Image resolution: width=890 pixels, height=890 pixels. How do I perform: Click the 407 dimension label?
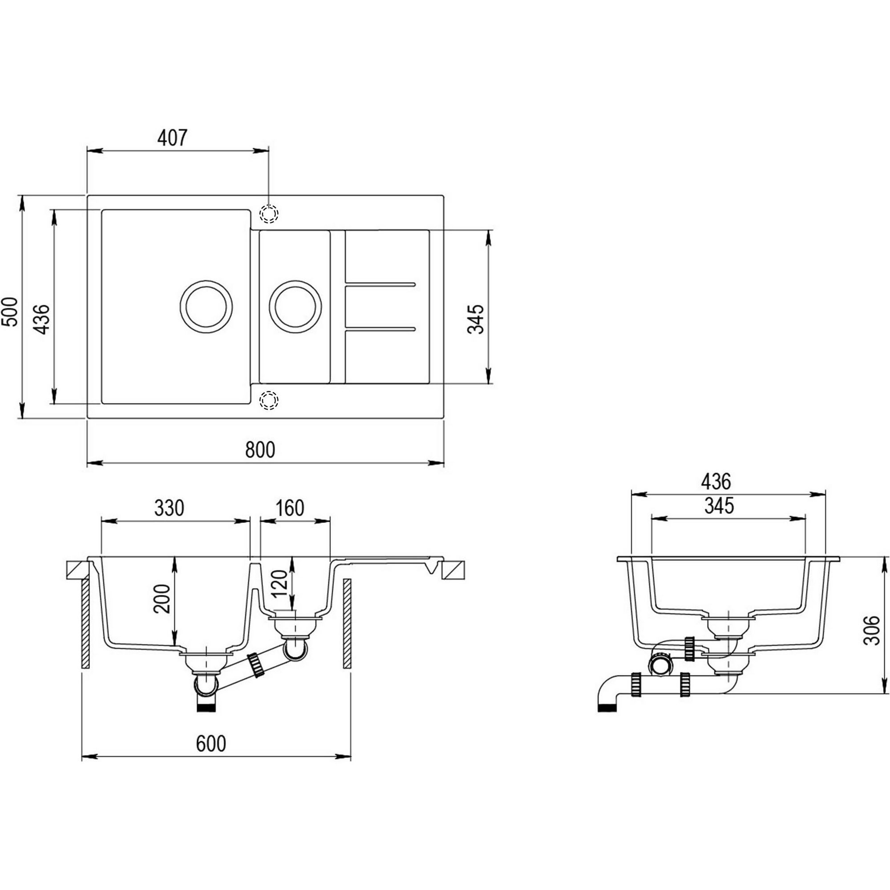[173, 138]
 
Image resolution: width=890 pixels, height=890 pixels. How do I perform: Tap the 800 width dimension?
[260, 449]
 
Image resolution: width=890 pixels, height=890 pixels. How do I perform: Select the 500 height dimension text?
[10, 312]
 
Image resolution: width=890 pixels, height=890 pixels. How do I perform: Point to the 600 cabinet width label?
[211, 744]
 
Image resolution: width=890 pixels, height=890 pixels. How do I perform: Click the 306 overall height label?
[872, 631]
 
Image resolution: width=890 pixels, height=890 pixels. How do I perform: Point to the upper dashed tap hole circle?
[269, 214]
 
